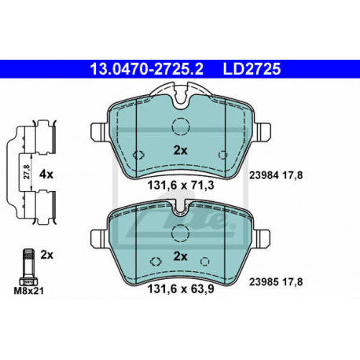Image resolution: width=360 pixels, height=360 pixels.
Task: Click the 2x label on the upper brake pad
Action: (179, 149)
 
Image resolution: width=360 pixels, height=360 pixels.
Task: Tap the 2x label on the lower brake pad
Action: (179, 256)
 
